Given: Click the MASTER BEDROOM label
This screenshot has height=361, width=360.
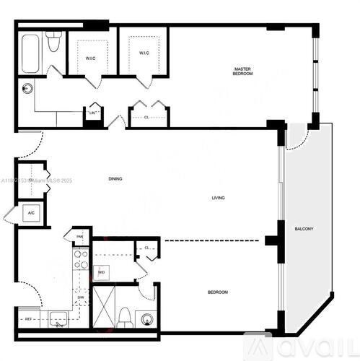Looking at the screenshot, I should point(242,71).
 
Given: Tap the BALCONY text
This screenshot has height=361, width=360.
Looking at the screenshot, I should point(304,230).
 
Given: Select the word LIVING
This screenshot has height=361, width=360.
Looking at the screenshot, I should point(217,198).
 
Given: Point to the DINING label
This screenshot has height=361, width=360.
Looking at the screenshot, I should point(115,178).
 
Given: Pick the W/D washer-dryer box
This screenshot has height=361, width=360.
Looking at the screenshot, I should point(102,272).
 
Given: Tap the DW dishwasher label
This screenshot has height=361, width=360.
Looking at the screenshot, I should point(80,297).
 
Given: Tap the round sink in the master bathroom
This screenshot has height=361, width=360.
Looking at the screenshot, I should point(28,90).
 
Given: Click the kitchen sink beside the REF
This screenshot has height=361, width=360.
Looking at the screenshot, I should point(58,319).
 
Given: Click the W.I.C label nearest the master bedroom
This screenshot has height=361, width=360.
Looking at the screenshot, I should point(143,53).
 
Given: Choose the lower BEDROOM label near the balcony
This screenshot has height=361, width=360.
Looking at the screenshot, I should point(217,292).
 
